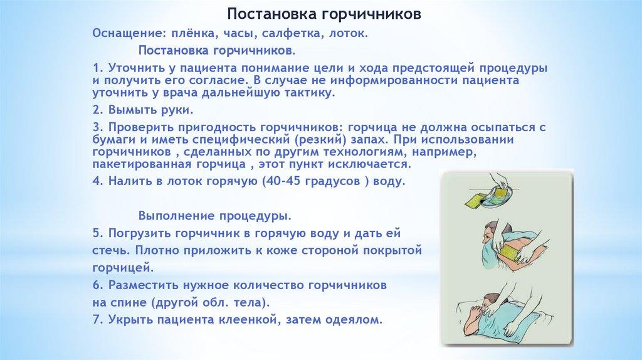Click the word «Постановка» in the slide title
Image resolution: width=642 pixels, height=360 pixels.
coord(271,14)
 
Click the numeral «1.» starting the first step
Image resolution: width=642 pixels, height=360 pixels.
coord(98,68)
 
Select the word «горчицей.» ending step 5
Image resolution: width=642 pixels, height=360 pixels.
coord(124,268)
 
